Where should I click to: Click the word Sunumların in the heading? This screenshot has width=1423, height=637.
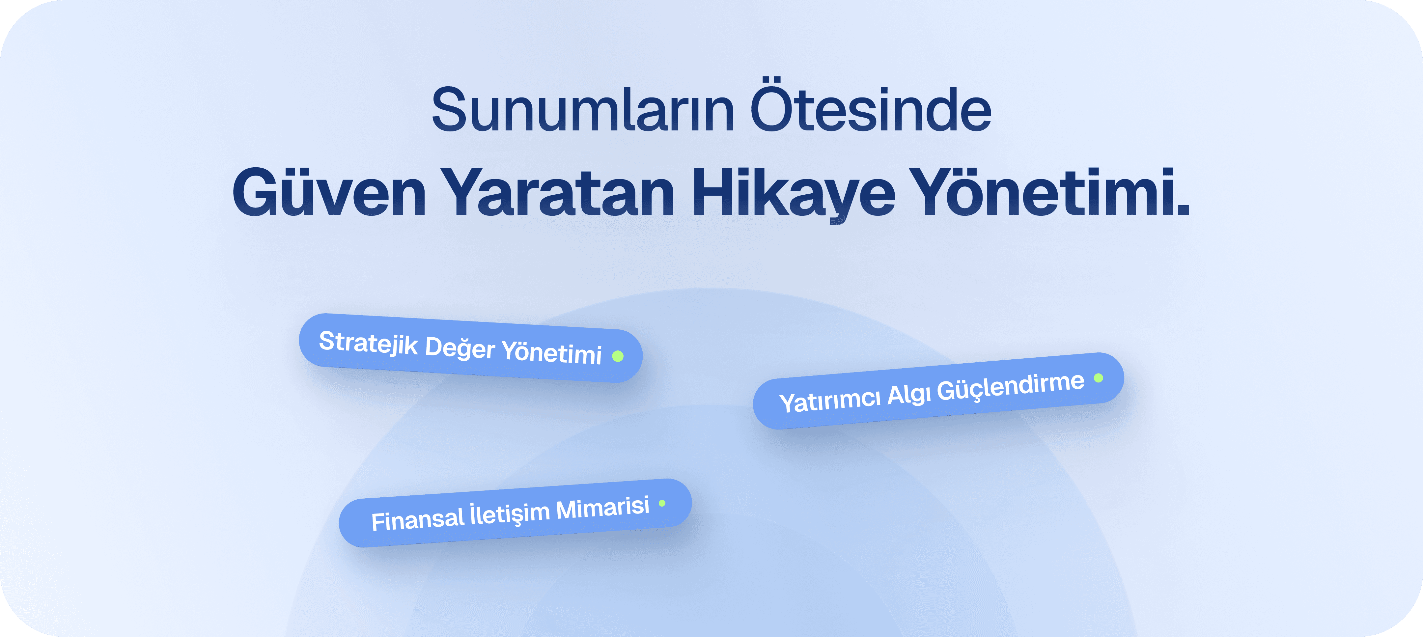(x=582, y=110)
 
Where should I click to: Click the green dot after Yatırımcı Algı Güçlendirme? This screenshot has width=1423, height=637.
(x=1098, y=378)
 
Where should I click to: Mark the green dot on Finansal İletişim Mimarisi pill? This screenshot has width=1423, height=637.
(x=662, y=503)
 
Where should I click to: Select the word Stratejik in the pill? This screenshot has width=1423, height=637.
(x=369, y=343)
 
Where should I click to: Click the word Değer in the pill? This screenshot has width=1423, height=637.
(x=460, y=348)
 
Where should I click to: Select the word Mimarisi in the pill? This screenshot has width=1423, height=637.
(x=602, y=508)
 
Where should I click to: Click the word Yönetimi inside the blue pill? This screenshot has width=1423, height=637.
(x=551, y=352)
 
